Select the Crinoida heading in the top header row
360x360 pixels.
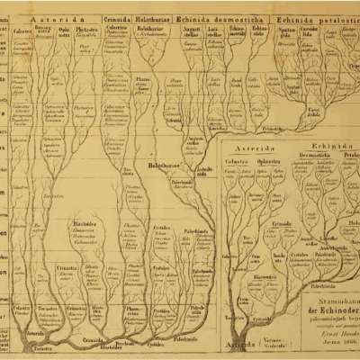click(x=117, y=18)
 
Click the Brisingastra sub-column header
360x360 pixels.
click(x=42, y=31)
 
